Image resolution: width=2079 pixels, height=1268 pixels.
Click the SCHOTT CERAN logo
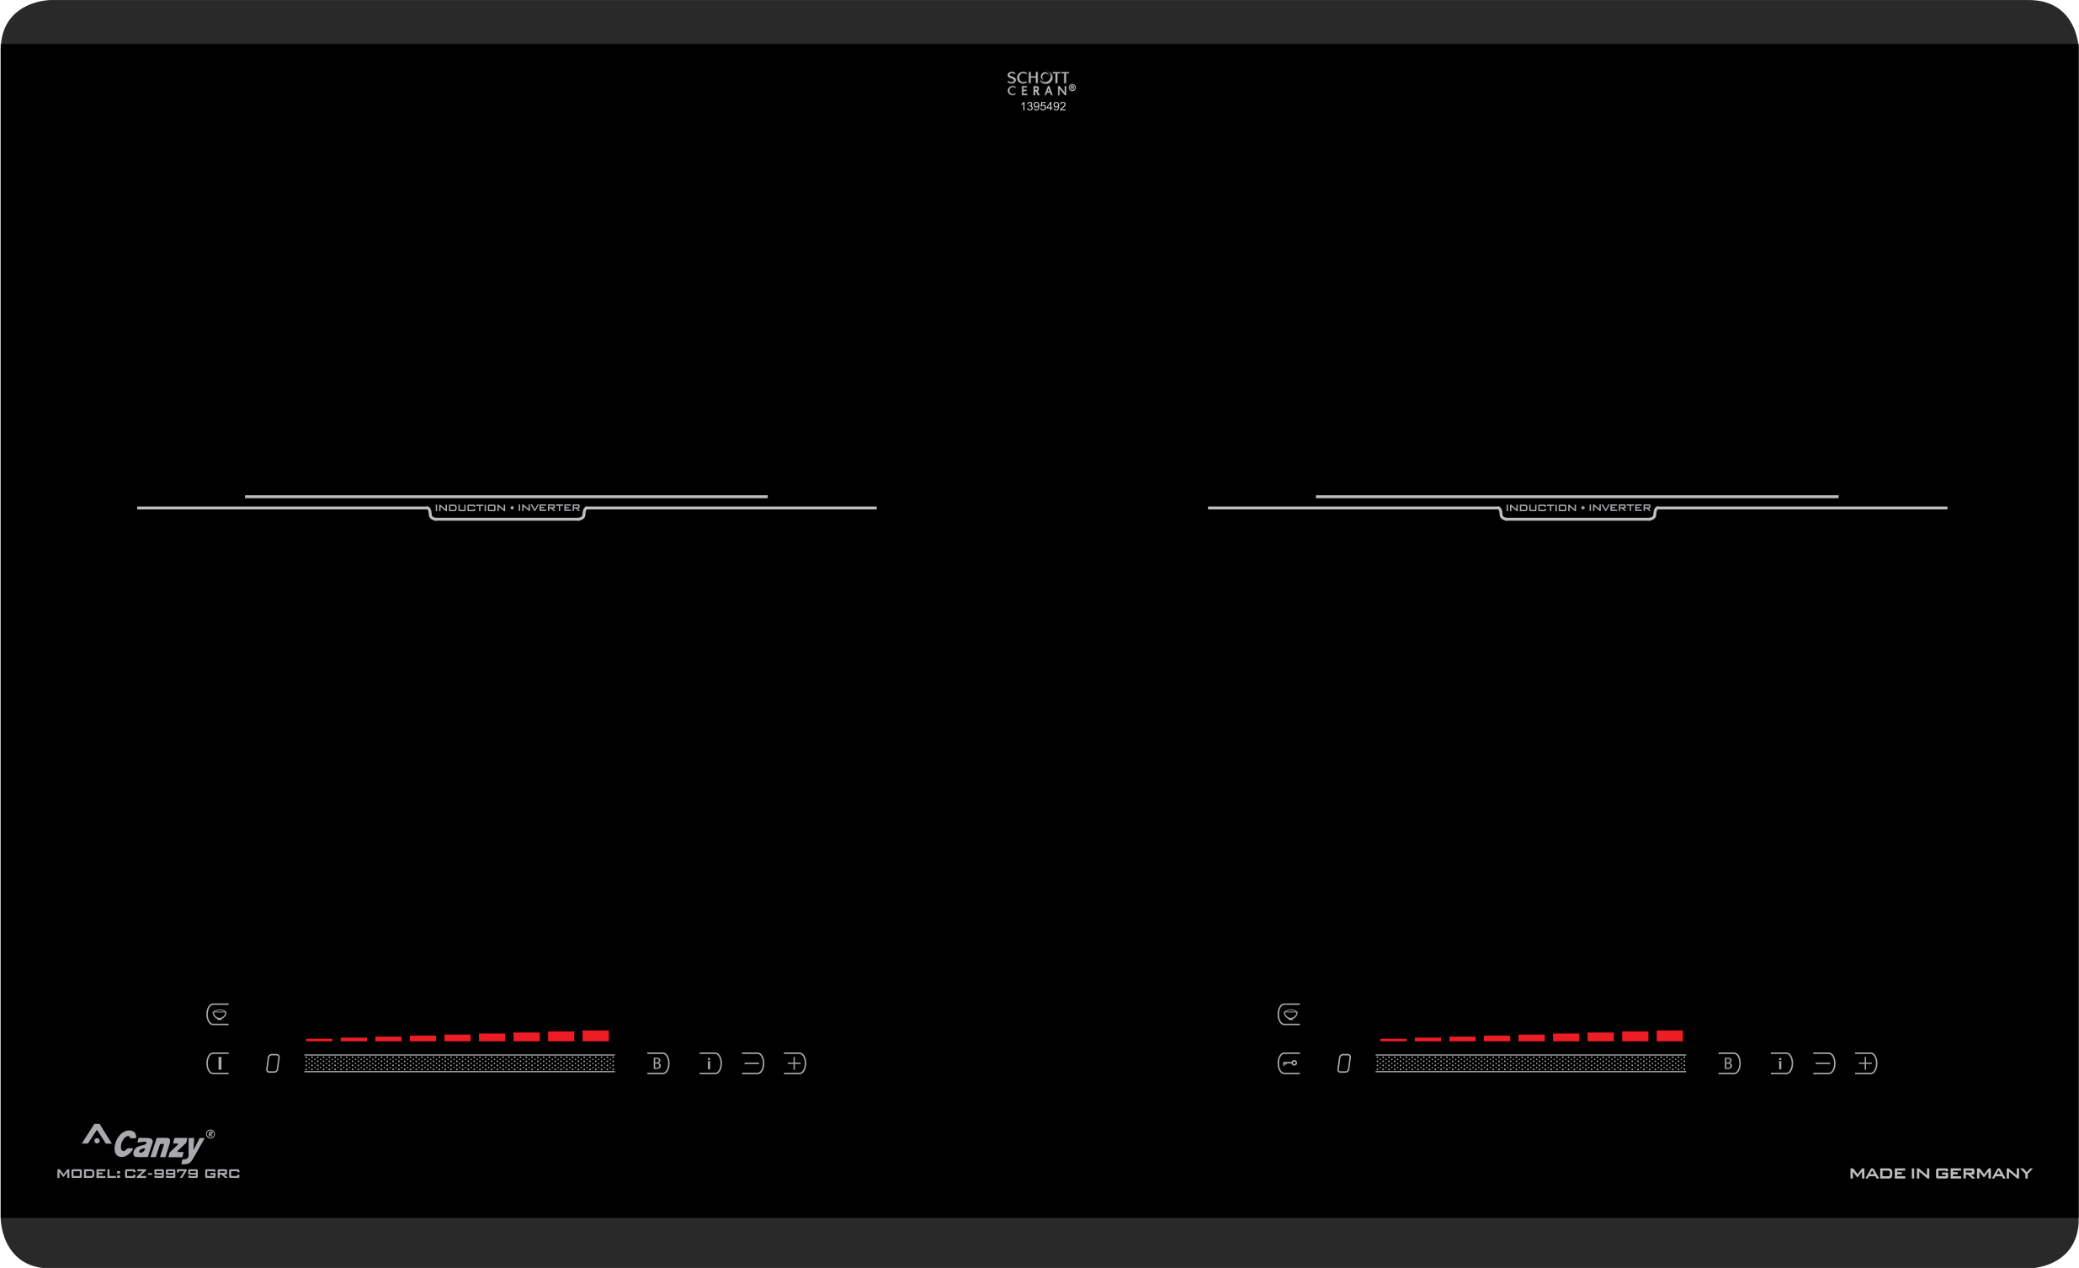coord(1040,83)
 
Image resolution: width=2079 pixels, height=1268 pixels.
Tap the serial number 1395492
coord(1043,106)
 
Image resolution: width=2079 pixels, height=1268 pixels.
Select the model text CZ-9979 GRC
coord(182,1174)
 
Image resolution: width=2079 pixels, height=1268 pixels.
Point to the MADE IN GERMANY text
coord(1941,1174)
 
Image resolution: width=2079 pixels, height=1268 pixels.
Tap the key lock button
coord(1289,1063)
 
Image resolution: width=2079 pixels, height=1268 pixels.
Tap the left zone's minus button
coord(752,1063)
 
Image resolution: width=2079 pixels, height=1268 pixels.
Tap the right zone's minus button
coord(1823,1063)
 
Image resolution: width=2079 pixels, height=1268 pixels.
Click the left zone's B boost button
coord(658,1063)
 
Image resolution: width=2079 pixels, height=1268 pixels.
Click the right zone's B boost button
coord(1729,1063)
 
